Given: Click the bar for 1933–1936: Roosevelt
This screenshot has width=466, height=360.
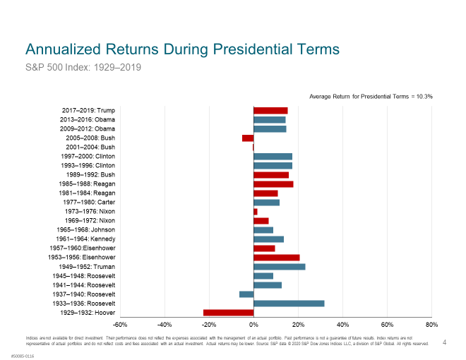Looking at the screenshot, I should tap(289, 304).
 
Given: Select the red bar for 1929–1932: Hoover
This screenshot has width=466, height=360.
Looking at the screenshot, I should tap(228, 313).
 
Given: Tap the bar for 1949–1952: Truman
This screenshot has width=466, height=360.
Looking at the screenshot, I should tap(280, 267).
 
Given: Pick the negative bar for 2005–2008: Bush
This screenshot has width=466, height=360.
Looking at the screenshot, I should tap(248, 138).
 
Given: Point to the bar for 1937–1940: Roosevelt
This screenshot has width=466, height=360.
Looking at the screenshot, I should tap(246, 294).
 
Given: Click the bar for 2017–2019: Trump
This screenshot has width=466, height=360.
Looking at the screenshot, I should tap(270, 110).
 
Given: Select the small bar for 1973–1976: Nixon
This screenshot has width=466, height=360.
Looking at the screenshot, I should tap(256, 212).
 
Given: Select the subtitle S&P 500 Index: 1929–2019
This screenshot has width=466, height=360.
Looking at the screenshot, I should tap(83, 68).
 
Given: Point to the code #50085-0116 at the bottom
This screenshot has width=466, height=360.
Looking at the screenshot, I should tap(22, 356).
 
